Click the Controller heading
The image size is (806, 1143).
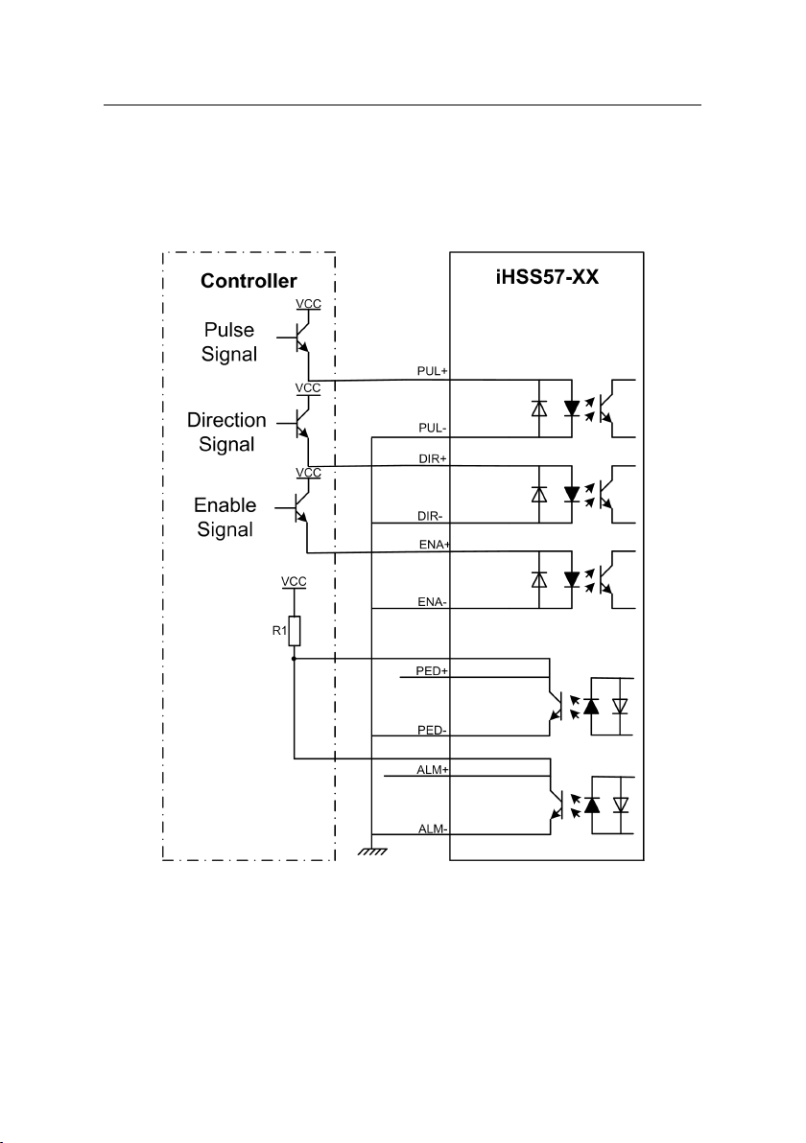pyautogui.click(x=249, y=281)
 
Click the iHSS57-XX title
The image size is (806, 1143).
pyautogui.click(x=547, y=277)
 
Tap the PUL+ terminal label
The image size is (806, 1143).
pyautogui.click(x=433, y=371)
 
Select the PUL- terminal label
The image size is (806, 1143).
pyautogui.click(x=433, y=428)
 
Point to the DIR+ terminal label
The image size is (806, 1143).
pyautogui.click(x=433, y=458)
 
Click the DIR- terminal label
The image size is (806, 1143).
pyautogui.click(x=431, y=516)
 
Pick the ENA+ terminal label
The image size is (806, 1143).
pyautogui.click(x=435, y=545)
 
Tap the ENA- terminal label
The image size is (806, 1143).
pyautogui.click(x=433, y=602)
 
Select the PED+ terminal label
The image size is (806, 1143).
pyautogui.click(x=432, y=670)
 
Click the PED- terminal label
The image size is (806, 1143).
pyautogui.click(x=432, y=730)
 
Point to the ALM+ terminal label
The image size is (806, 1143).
pyautogui.click(x=433, y=770)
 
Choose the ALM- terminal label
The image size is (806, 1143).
pyautogui.click(x=433, y=828)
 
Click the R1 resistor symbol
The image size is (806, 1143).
pyautogui.click(x=294, y=631)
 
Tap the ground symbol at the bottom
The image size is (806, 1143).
pyautogui.click(x=372, y=849)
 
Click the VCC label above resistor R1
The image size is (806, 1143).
pyautogui.click(x=294, y=582)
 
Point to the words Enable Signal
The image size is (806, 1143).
pyautogui.click(x=225, y=518)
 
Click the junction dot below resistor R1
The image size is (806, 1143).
pyautogui.click(x=294, y=658)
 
